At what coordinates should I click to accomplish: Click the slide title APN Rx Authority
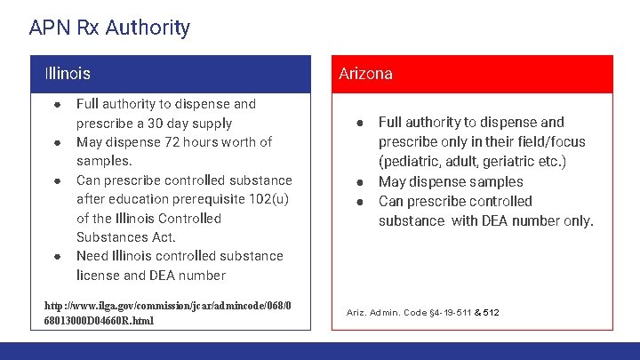(x=109, y=28)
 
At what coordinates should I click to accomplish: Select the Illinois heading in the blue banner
(x=68, y=74)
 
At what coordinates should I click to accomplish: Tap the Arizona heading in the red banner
(x=365, y=74)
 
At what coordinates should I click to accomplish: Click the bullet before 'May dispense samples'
(x=361, y=182)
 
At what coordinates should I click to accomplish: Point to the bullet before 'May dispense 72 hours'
(x=57, y=142)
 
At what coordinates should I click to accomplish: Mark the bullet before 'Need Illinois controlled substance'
(x=57, y=256)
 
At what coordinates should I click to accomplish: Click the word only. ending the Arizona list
(x=572, y=220)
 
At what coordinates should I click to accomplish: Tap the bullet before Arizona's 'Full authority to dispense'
(x=361, y=123)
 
